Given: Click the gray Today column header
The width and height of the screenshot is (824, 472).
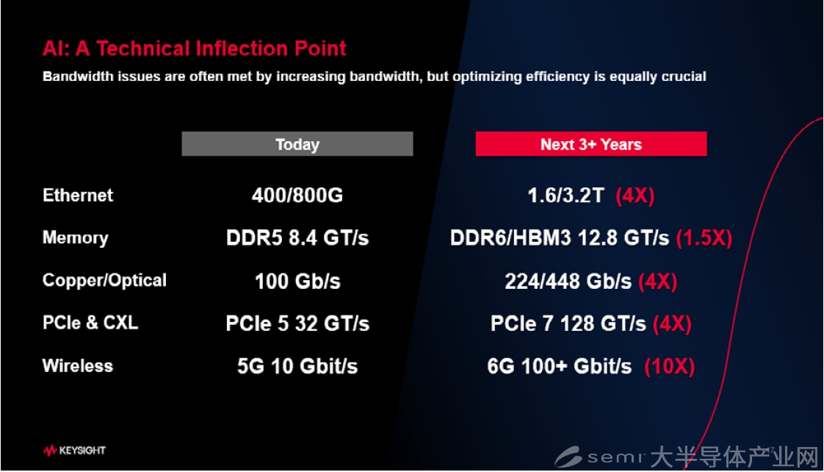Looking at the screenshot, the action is [x=297, y=143].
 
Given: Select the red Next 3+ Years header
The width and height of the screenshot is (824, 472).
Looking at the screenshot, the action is [x=591, y=143].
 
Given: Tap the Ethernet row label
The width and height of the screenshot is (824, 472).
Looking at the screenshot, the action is [x=78, y=196].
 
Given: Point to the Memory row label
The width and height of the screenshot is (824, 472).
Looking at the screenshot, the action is [x=75, y=238].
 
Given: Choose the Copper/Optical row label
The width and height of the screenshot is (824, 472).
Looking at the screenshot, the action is [x=104, y=280].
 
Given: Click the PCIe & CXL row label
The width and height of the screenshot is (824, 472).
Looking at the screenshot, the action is [x=90, y=323].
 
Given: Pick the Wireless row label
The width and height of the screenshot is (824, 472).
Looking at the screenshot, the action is [x=78, y=365].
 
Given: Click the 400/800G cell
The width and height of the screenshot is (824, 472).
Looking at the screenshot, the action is [x=297, y=196].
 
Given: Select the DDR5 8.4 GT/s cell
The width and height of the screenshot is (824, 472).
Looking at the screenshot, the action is [x=297, y=238].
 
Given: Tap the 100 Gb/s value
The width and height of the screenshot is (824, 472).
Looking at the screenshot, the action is [x=297, y=281].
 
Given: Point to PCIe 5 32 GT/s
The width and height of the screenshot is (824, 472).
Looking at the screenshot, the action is [x=297, y=323].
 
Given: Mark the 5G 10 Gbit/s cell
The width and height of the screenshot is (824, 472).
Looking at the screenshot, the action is [x=297, y=366].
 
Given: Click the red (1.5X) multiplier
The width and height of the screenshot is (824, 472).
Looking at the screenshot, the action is [x=704, y=238].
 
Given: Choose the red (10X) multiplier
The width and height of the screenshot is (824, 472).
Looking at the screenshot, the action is [x=670, y=366].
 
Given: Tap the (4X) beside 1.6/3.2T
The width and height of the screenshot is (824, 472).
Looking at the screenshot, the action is [x=635, y=196].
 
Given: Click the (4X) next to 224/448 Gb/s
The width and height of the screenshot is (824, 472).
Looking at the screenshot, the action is [x=657, y=282].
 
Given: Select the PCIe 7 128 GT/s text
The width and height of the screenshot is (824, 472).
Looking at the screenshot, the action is [x=568, y=323].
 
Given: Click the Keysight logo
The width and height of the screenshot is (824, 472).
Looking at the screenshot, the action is [x=75, y=451].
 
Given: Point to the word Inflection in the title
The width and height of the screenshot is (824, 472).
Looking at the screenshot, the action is [x=242, y=49].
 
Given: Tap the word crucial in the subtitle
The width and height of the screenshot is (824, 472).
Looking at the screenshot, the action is [x=684, y=76].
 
